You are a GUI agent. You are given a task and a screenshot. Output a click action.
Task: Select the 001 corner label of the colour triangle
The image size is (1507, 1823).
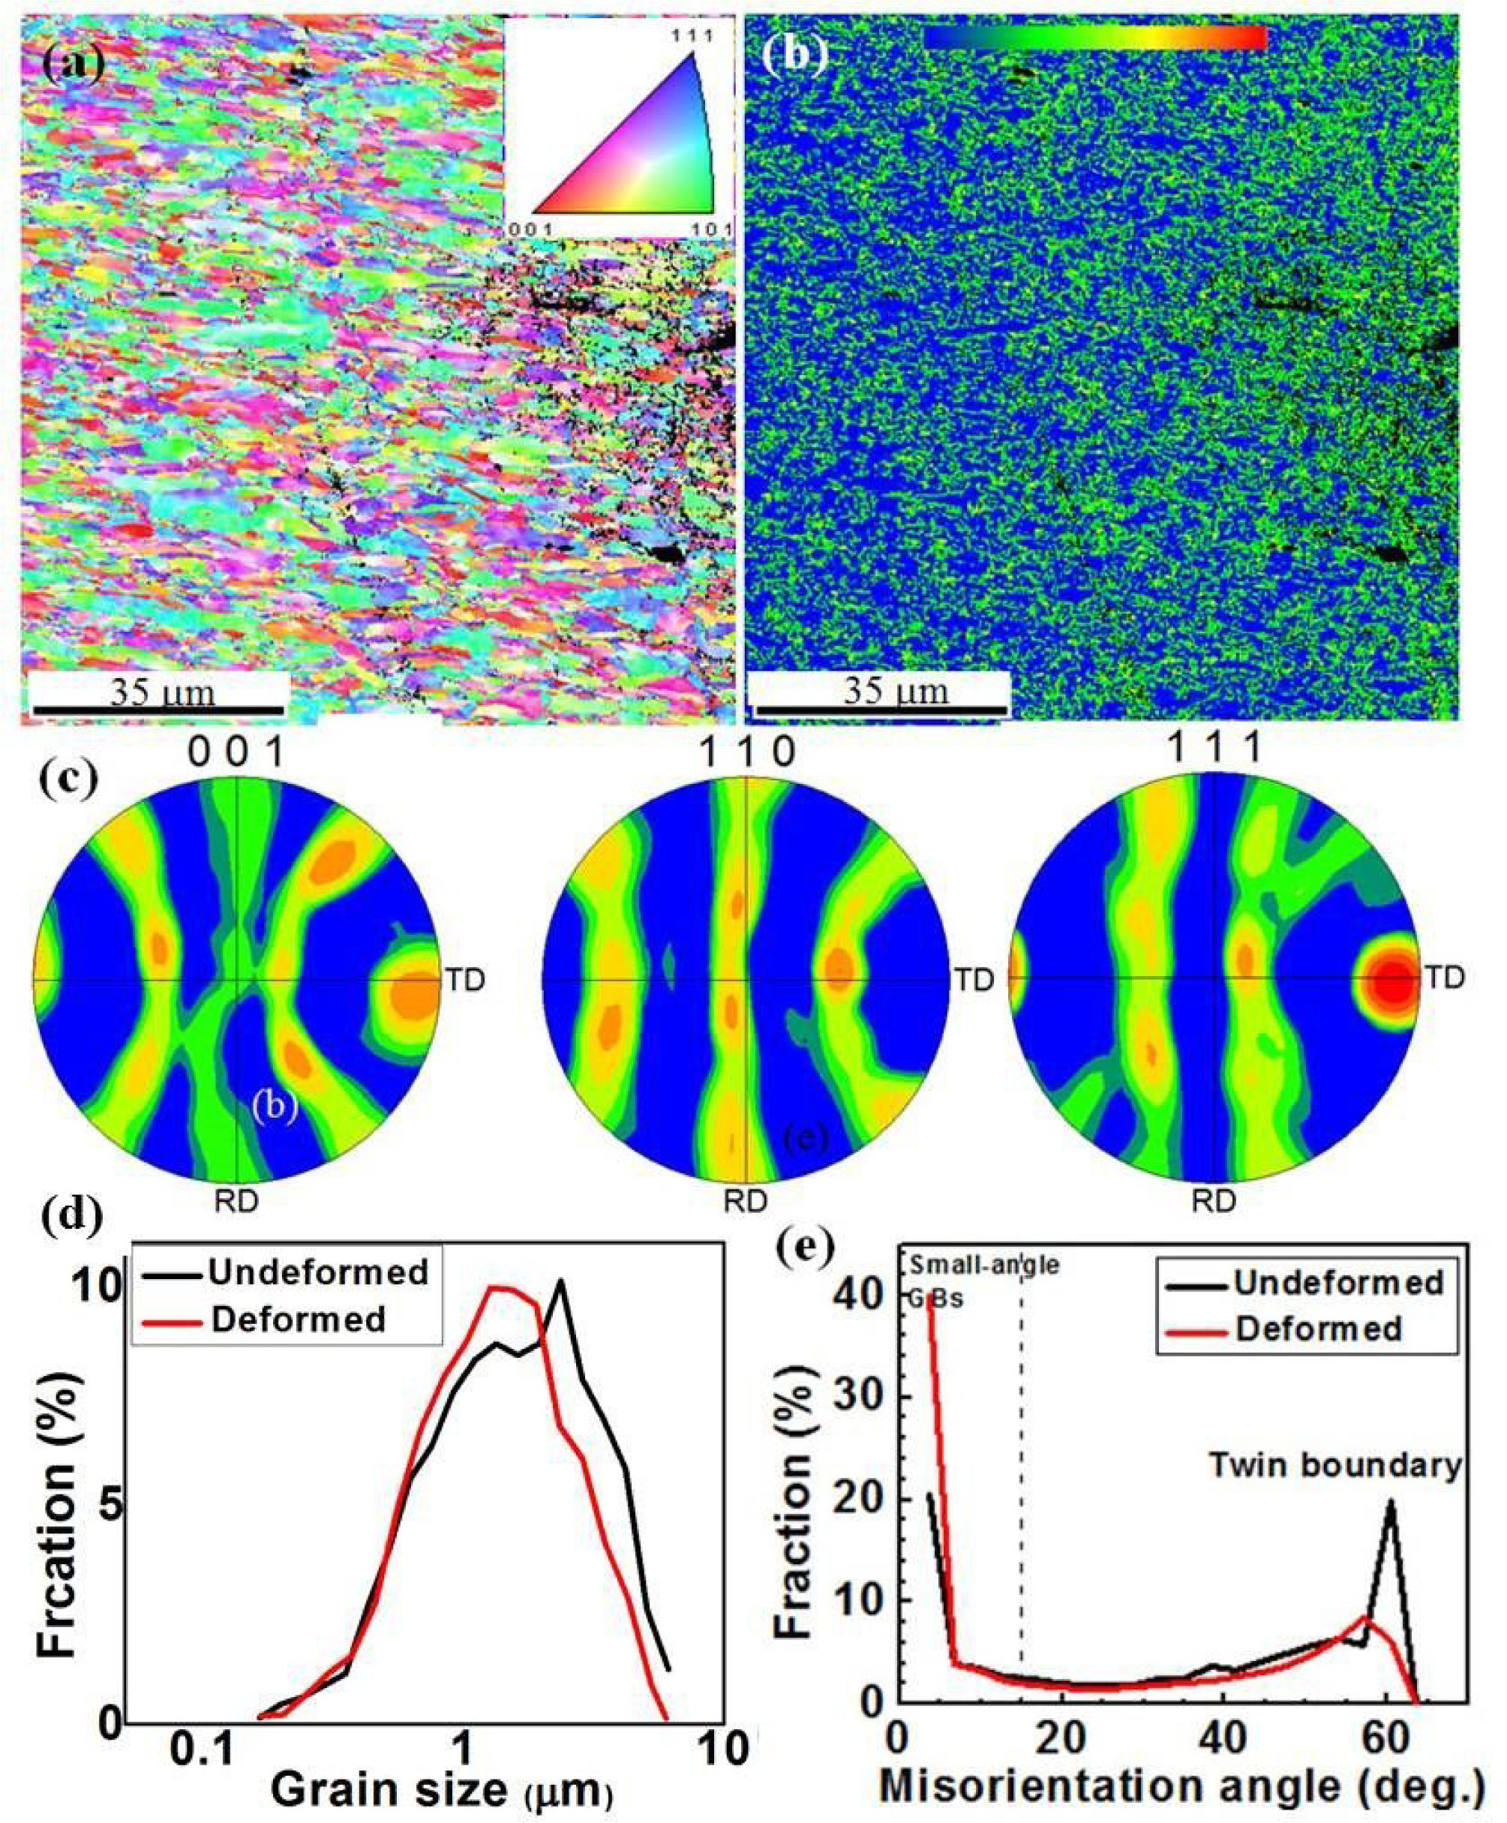coord(526,230)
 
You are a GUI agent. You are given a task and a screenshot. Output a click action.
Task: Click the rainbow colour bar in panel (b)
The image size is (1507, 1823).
coord(1094,38)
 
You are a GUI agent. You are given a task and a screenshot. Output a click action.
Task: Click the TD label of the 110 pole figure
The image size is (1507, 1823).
coord(974,979)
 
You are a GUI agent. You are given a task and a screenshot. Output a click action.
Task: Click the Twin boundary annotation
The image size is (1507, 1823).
coord(1336,1466)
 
